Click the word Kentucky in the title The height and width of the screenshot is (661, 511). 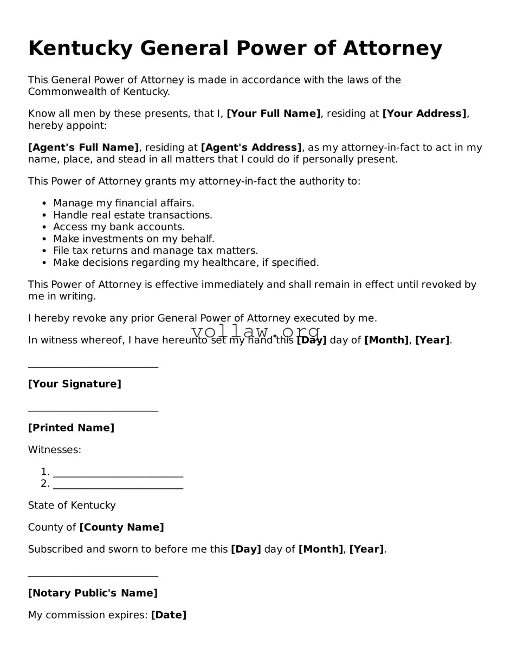click(x=80, y=49)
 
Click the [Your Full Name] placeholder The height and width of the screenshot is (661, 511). click(x=273, y=114)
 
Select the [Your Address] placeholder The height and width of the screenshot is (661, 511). click(x=424, y=114)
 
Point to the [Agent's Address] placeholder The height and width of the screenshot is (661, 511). click(x=251, y=148)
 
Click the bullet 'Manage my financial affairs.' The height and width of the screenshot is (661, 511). click(x=124, y=204)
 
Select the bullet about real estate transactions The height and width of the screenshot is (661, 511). click(x=132, y=215)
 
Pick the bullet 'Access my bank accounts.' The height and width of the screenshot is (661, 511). click(x=119, y=227)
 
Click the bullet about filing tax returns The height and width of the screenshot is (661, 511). click(x=155, y=251)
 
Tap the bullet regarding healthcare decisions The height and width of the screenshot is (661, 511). click(x=186, y=263)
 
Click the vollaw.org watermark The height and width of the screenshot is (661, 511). click(x=256, y=331)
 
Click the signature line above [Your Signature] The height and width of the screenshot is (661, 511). click(x=93, y=367)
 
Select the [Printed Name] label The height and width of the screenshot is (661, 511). click(x=71, y=428)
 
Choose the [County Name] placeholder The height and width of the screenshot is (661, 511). click(x=121, y=528)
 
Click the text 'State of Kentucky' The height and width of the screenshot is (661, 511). click(x=72, y=506)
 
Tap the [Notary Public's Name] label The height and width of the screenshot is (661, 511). click(x=93, y=593)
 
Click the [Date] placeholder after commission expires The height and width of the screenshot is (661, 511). click(x=169, y=616)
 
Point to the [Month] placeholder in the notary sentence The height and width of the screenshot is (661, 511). click(x=321, y=549)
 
